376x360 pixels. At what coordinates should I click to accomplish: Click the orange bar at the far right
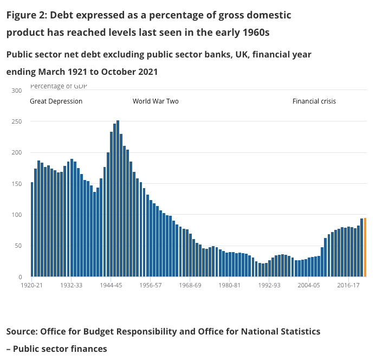365,247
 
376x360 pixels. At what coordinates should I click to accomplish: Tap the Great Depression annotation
56,101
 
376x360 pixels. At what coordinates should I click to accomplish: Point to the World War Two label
155,101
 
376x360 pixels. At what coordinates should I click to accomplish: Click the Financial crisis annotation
314,101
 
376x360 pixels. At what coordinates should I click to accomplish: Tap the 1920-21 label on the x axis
32,285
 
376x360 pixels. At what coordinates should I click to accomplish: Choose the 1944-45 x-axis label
111,285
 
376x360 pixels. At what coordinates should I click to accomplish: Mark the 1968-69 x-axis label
190,285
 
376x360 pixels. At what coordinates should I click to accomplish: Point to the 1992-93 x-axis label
269,285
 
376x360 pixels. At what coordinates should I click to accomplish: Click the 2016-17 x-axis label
348,285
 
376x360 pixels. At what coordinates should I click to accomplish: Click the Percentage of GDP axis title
59,86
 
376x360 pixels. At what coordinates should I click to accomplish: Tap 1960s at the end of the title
254,33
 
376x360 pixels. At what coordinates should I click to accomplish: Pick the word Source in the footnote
23,331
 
